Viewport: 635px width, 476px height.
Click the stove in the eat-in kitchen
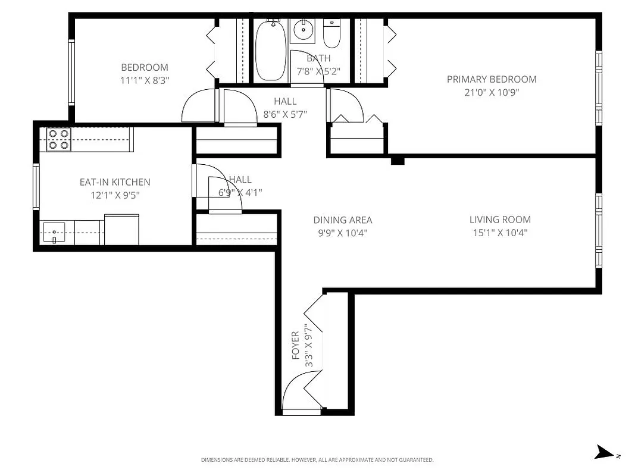58,139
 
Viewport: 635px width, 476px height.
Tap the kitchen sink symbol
54,232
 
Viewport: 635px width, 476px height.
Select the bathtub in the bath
270,51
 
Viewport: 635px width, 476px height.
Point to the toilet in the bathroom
331,35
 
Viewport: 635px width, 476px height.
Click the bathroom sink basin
303,29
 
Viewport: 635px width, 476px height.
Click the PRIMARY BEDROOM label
492,79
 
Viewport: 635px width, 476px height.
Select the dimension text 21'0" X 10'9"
492,92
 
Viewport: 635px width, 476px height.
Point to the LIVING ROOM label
500,220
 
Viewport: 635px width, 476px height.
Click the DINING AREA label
343,220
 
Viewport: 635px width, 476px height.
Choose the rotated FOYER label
295,346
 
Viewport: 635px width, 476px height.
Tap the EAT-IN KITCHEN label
115,182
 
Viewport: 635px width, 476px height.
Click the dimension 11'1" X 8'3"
145,80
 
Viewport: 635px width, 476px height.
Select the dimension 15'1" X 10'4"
500,233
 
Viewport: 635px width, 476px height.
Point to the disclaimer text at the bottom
317,460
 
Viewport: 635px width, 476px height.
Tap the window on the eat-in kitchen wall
36,187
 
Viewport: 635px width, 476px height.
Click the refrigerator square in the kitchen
121,230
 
